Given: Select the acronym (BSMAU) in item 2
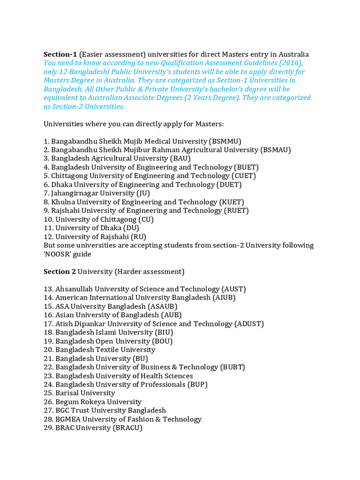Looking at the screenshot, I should click(x=276, y=150).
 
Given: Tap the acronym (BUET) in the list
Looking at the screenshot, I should click(x=246, y=167).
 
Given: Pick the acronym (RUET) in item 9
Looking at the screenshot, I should click(x=236, y=210).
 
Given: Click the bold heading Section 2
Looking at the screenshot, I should click(x=60, y=272).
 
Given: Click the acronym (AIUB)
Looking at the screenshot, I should click(x=224, y=298).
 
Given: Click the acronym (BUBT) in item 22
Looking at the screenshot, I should click(x=232, y=367).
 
